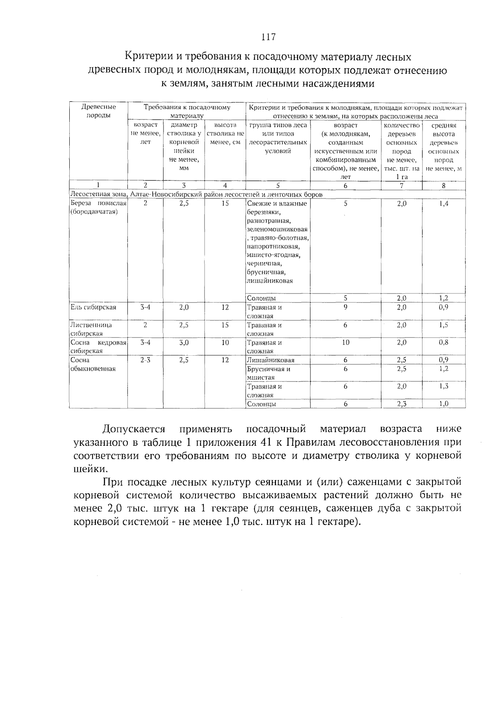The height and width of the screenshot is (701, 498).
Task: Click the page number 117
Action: [268, 37]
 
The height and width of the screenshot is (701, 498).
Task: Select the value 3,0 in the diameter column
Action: [184, 343]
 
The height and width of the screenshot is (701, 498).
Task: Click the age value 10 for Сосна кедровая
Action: [345, 343]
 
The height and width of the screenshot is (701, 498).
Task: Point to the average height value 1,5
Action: [443, 325]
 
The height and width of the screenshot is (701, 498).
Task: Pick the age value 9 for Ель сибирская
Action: [345, 308]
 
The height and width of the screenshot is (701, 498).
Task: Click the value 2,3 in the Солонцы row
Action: [401, 404]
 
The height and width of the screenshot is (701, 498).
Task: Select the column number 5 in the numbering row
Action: [278, 186]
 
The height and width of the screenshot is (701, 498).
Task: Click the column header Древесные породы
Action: [98, 111]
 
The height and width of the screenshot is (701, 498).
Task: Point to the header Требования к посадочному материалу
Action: [187, 111]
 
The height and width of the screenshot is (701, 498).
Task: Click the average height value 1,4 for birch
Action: [443, 204]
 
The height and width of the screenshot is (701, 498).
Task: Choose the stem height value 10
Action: [225, 343]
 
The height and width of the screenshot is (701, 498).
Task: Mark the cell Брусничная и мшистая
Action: [268, 373]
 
